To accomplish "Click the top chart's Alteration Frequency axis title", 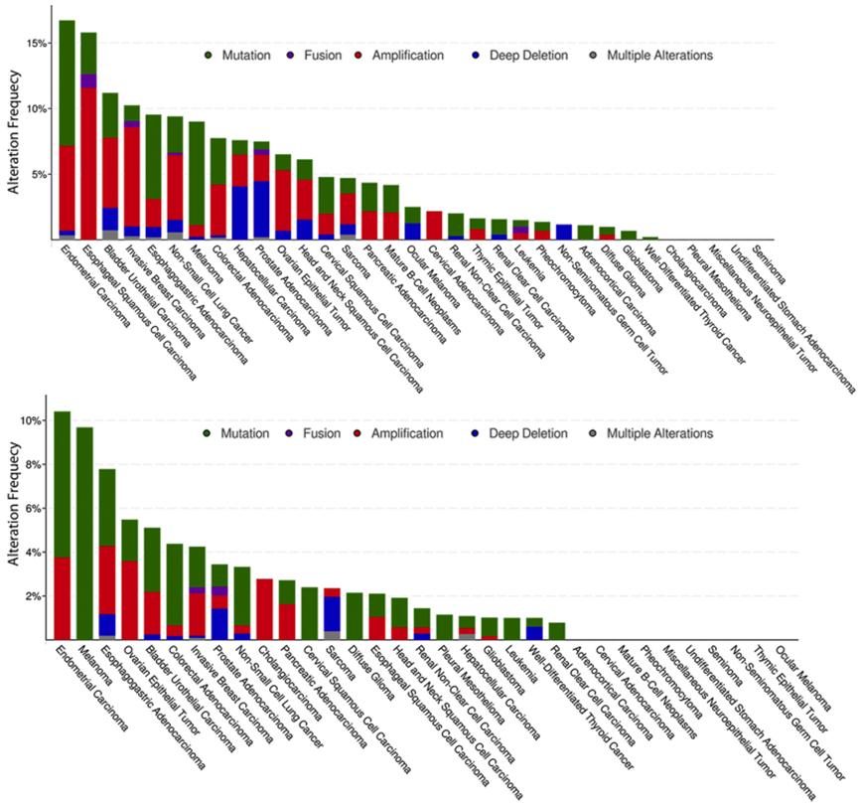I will [x=12, y=125].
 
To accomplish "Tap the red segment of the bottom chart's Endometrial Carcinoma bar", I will [x=63, y=597].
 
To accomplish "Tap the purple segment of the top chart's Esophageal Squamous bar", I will [x=89, y=81].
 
